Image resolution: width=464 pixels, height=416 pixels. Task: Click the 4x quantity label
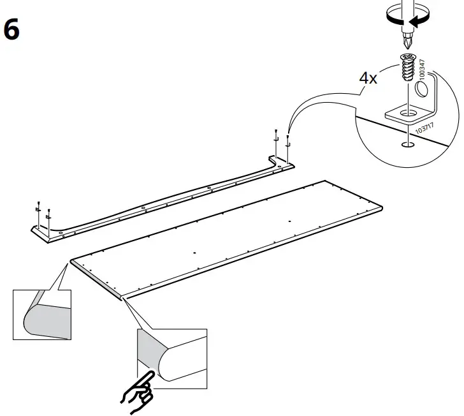(x=368, y=78)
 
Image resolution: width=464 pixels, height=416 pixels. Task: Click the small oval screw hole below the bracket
(x=405, y=144)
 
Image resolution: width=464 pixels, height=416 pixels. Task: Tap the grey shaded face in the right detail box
(x=150, y=351)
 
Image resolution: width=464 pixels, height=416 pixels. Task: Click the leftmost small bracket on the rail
(x=38, y=210)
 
